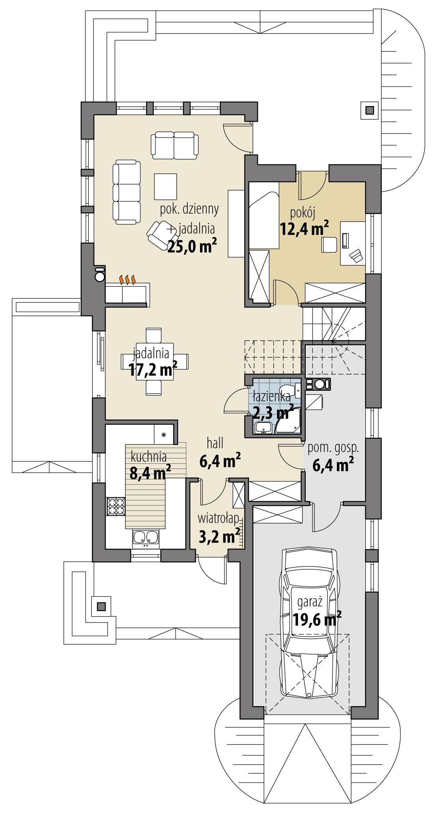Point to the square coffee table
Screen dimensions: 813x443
coord(166,186)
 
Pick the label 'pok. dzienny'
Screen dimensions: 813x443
coord(189,209)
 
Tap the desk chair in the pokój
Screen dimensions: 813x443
coord(329,244)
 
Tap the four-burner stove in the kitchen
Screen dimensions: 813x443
coord(116,507)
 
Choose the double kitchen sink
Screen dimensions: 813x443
coord(146,538)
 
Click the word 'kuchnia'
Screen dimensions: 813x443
coord(149,457)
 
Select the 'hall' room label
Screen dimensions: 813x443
coord(215,443)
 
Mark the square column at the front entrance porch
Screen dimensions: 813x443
coord(101,607)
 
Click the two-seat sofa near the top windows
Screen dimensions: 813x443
coord(174,145)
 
